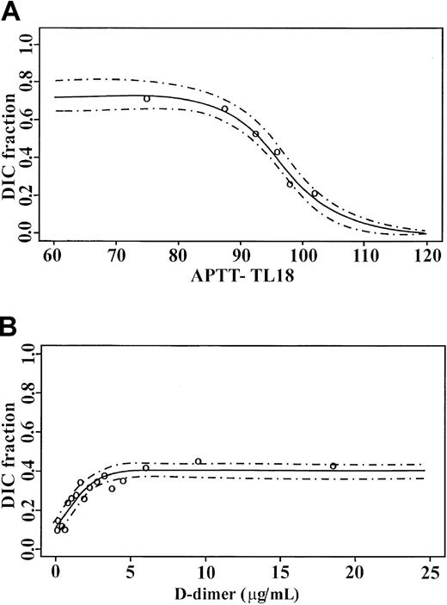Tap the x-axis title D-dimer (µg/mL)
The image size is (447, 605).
click(242, 592)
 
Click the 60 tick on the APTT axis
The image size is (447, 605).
click(53, 257)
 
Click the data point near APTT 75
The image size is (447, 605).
click(147, 99)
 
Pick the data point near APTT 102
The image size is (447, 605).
click(315, 194)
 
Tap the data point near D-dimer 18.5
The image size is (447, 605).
click(334, 466)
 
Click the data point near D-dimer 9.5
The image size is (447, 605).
click(199, 461)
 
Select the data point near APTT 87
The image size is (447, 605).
click(225, 109)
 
